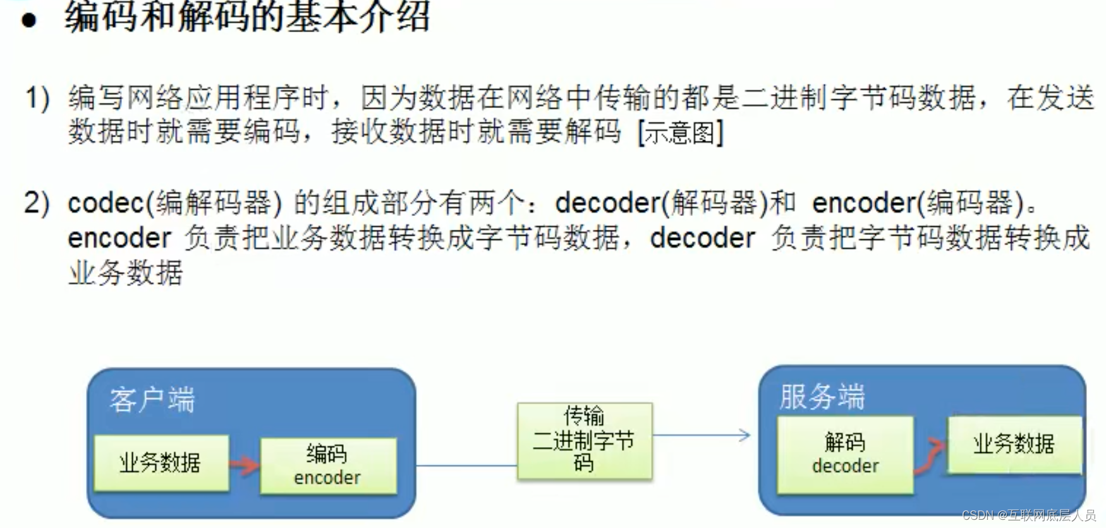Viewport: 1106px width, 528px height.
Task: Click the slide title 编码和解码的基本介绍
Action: (x=247, y=16)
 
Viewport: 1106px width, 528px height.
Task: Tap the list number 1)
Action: (x=37, y=99)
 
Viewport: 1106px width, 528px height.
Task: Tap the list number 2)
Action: (x=37, y=203)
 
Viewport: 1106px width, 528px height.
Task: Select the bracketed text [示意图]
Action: (x=681, y=133)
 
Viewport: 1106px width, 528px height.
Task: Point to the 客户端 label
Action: (x=152, y=400)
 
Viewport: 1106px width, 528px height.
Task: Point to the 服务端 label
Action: (x=822, y=397)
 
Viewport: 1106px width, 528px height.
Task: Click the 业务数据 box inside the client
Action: (x=161, y=462)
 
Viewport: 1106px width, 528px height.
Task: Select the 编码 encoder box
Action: (x=328, y=465)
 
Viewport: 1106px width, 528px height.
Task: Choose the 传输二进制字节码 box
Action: (x=584, y=440)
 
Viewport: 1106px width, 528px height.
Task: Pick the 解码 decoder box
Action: (x=845, y=454)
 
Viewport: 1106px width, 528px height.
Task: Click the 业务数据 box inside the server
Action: (x=1014, y=444)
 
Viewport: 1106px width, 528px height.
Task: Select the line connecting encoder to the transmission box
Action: (x=466, y=466)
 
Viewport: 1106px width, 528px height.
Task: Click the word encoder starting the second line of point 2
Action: (x=119, y=239)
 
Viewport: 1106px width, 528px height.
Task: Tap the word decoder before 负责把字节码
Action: (x=702, y=239)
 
